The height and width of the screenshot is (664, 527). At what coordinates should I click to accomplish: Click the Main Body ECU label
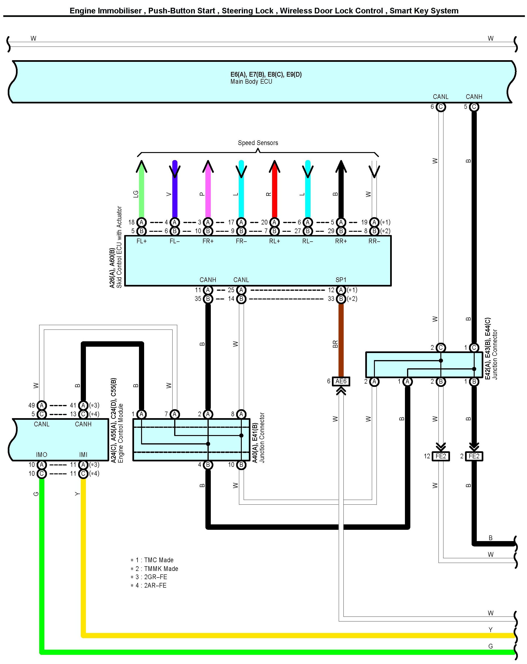(x=251, y=82)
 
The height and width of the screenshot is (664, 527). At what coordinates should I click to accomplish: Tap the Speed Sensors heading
(x=258, y=143)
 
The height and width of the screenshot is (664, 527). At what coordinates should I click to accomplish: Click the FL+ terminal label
(x=142, y=241)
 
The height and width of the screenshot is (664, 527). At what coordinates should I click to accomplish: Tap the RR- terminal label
(x=374, y=241)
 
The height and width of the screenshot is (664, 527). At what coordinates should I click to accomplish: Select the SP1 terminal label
(x=341, y=280)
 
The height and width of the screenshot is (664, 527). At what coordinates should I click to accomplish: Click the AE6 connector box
(x=341, y=381)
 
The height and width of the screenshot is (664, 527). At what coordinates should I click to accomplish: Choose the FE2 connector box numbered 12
(x=441, y=456)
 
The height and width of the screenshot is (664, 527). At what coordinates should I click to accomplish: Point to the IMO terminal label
(x=42, y=455)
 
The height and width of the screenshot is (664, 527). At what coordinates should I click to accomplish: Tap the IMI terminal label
(x=83, y=455)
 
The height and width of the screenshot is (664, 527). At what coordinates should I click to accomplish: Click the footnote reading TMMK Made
(x=157, y=569)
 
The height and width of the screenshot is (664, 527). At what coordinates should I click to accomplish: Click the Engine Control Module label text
(x=121, y=433)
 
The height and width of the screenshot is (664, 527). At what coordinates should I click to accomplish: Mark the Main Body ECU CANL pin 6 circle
(x=441, y=107)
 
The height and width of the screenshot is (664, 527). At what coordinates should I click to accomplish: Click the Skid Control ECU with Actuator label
(x=119, y=247)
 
